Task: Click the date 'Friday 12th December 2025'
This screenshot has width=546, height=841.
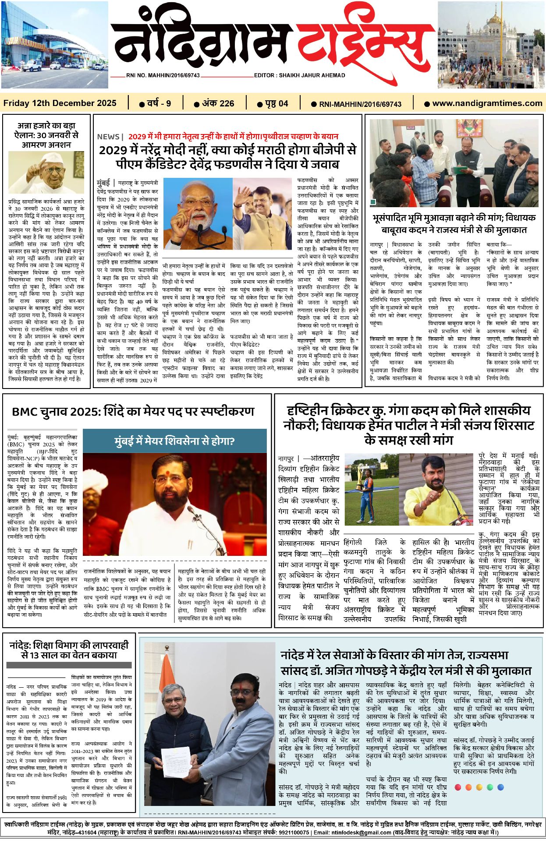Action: point(60,103)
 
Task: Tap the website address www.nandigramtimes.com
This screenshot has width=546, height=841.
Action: point(487,103)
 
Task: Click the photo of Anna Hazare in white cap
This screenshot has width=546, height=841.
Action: point(46,172)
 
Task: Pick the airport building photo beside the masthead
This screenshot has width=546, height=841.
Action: point(54,45)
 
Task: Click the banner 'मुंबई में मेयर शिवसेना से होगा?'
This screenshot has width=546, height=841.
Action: point(174,441)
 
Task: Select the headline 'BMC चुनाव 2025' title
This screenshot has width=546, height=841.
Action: point(133,412)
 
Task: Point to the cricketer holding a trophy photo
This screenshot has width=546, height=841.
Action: point(371,489)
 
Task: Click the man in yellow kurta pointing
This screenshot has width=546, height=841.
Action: point(436,489)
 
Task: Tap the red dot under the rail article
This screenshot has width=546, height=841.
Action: point(458,787)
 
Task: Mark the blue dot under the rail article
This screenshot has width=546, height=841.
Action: point(500,787)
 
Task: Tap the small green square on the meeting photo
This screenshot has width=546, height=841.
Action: point(373,202)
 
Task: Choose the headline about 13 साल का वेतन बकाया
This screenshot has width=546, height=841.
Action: point(69,650)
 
